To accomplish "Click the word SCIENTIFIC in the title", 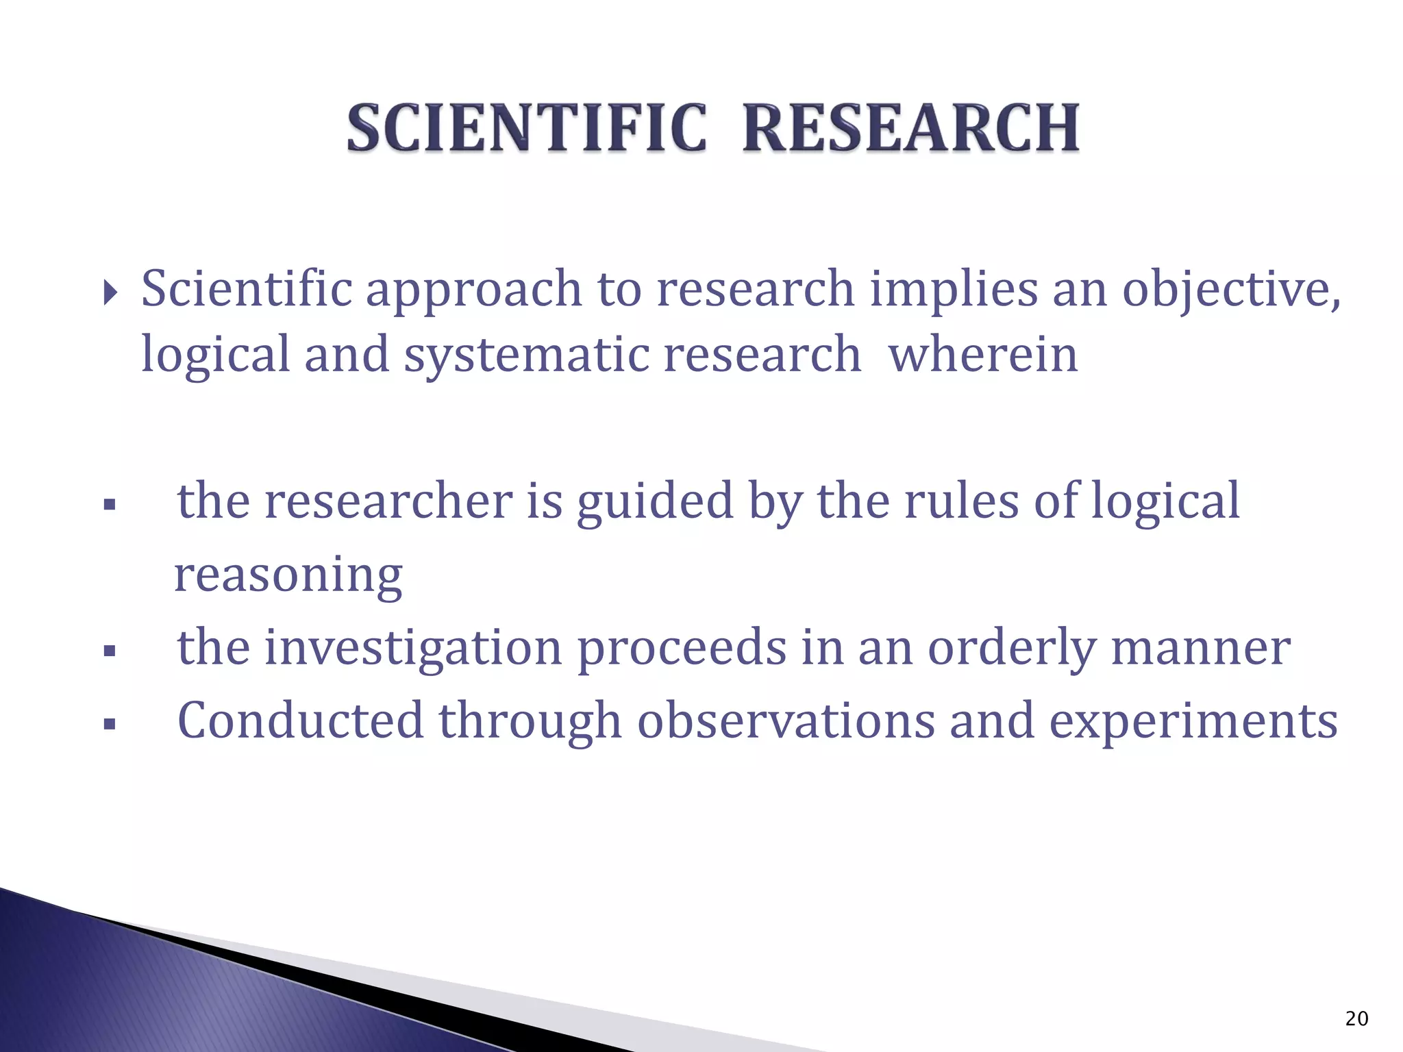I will click(526, 127).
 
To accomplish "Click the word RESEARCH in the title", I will click(911, 127).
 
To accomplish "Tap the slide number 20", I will click(1356, 1018).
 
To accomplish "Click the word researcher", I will click(388, 501).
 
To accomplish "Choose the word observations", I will click(786, 721).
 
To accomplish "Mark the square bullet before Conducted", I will click(109, 723).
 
